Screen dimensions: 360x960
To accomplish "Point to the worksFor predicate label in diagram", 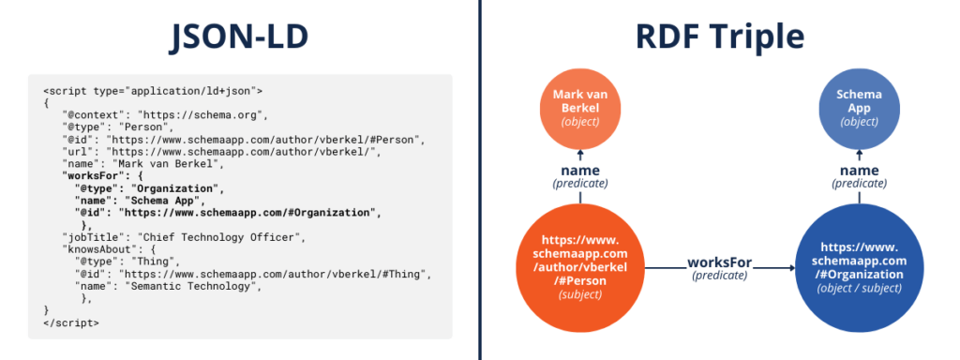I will point(719,262).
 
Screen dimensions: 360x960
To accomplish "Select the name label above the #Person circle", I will point(580,170).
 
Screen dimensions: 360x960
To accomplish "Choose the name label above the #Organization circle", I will point(860,170).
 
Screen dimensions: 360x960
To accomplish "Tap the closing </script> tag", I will point(70,322).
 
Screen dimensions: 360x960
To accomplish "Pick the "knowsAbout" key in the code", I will point(94,249).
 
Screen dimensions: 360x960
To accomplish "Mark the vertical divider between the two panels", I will point(480,180).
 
